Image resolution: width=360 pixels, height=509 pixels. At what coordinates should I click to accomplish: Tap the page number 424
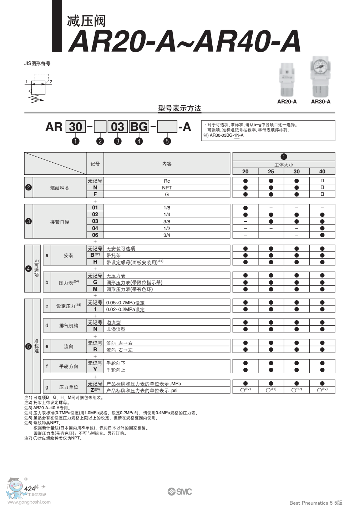30,488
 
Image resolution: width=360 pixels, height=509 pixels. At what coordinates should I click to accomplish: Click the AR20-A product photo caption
287,102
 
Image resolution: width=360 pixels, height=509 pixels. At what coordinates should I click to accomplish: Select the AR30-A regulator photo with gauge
320,76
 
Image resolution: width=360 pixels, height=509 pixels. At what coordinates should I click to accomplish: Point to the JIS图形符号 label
37,63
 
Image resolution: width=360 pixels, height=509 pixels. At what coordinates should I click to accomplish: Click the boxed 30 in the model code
75,127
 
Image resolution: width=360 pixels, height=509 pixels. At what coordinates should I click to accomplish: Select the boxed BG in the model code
139,127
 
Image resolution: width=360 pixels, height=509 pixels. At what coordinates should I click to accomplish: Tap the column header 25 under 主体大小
271,172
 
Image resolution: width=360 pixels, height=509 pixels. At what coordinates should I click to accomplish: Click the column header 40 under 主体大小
322,172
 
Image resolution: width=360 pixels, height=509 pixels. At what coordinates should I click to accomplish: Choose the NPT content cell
167,188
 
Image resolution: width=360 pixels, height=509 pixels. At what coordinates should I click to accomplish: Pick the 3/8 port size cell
167,222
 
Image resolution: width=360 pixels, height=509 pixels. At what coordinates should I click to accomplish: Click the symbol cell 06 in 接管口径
95,235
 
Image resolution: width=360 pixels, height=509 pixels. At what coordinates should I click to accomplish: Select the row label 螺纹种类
60,188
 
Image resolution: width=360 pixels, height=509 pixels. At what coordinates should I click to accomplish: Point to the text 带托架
113,255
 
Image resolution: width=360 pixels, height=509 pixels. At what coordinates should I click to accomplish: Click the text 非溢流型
116,329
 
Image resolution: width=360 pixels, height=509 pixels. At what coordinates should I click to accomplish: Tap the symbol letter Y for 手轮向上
95,370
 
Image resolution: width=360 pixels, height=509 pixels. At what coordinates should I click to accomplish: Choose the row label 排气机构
69,326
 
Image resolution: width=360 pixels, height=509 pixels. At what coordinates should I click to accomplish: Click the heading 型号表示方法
179,108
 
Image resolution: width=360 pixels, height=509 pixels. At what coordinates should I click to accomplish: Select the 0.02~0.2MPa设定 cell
125,310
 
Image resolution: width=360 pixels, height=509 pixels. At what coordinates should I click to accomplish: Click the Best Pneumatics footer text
316,503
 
